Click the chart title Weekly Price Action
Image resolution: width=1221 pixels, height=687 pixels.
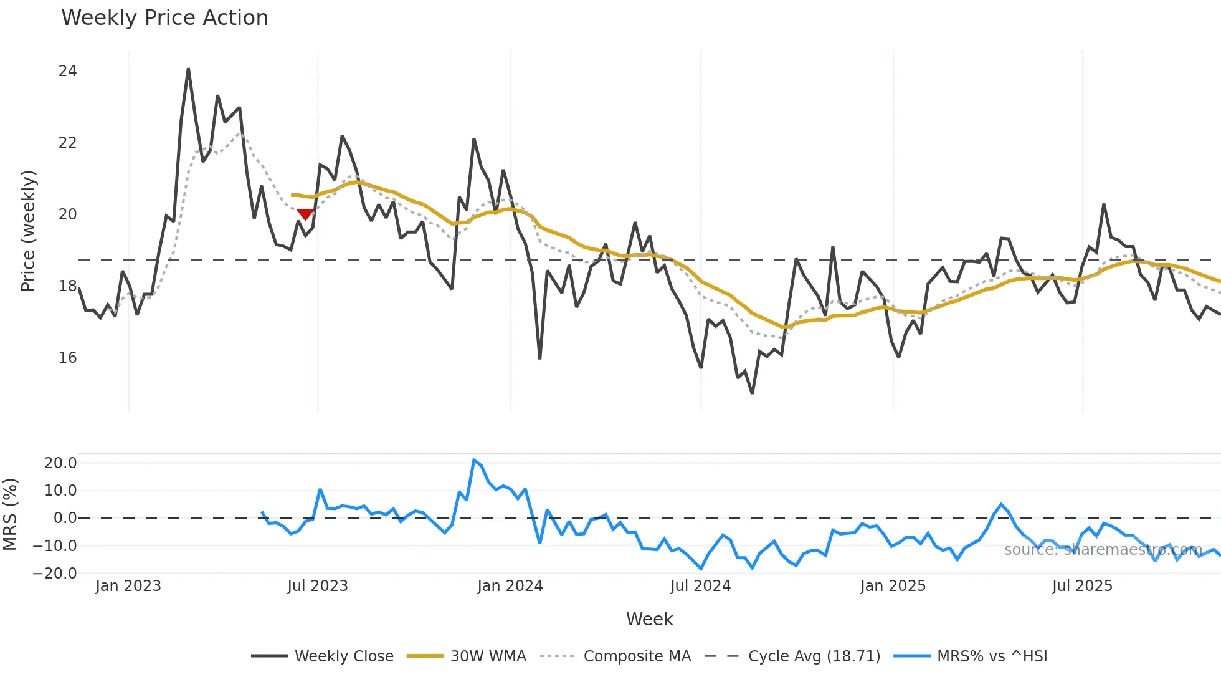pyautogui.click(x=164, y=18)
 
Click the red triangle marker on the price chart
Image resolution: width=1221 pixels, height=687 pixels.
pyautogui.click(x=305, y=214)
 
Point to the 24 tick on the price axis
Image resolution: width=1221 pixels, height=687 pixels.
pyautogui.click(x=67, y=71)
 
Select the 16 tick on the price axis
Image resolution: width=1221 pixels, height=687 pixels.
pyautogui.click(x=67, y=358)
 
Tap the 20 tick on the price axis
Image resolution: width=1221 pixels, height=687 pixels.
pyautogui.click(x=67, y=214)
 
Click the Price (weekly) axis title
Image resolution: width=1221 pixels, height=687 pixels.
pyautogui.click(x=29, y=231)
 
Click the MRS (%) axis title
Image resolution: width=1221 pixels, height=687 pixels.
pyautogui.click(x=11, y=514)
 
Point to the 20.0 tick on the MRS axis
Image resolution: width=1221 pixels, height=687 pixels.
pyautogui.click(x=60, y=463)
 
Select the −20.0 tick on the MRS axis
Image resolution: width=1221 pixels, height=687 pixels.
pyautogui.click(x=55, y=574)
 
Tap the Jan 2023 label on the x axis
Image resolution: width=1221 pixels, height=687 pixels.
pyautogui.click(x=128, y=586)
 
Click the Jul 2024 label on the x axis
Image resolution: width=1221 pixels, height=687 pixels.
pyautogui.click(x=700, y=586)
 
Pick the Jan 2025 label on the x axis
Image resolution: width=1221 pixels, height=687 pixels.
pyautogui.click(x=893, y=586)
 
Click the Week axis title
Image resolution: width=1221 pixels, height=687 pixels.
pyautogui.click(x=649, y=619)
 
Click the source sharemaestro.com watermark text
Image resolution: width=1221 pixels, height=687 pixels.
pyautogui.click(x=1103, y=550)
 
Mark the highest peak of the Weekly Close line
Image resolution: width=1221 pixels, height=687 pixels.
pyautogui.click(x=188, y=69)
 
